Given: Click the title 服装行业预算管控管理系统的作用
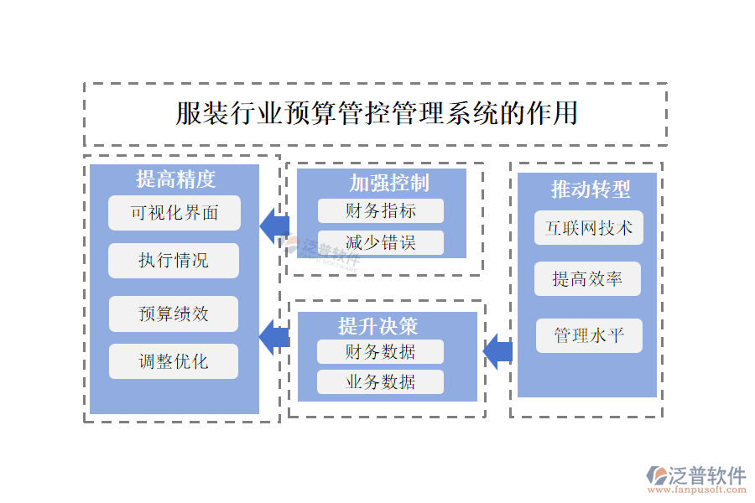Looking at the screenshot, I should tap(377, 113).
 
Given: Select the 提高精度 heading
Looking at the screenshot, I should tap(175, 179).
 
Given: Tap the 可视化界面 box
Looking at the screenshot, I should tap(174, 213).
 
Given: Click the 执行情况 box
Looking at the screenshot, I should tap(174, 261).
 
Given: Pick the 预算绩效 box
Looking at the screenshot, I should tap(174, 314).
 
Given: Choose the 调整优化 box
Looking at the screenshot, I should tap(174, 362).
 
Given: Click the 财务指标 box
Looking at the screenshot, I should tap(380, 210).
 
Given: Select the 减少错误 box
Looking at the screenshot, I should tap(380, 242).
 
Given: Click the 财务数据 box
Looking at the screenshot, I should tap(379, 352).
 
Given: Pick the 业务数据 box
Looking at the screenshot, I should tap(379, 382).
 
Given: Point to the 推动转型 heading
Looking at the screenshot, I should tap(590, 189).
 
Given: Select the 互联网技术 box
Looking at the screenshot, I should tap(589, 228).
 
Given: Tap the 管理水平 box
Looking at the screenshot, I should tap(589, 335).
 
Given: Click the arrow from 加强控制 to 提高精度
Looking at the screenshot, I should tap(273, 225).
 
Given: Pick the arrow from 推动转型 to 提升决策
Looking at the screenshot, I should tap(498, 350).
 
